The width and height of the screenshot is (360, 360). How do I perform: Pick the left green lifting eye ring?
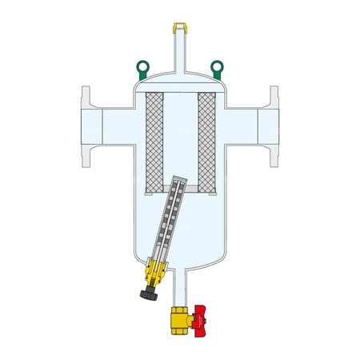coord(143,66)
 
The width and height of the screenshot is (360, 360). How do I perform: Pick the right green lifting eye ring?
coord(215,66)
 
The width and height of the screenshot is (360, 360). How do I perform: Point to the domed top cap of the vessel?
coord(179,80)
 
